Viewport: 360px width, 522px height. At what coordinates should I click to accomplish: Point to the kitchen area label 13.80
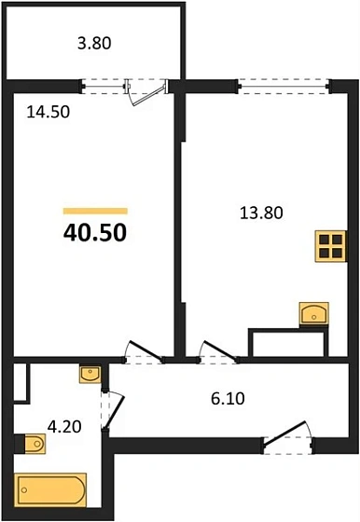pos(261,212)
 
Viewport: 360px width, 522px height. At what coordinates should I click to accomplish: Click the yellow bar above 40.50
pos(94,212)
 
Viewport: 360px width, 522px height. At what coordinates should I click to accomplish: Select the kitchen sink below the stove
pos(313,313)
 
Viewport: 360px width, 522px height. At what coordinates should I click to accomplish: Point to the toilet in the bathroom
pos(35,443)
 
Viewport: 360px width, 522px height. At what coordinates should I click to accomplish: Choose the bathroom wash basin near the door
pos(90,374)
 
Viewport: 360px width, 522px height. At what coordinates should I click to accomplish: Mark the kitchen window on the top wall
pos(284,85)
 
